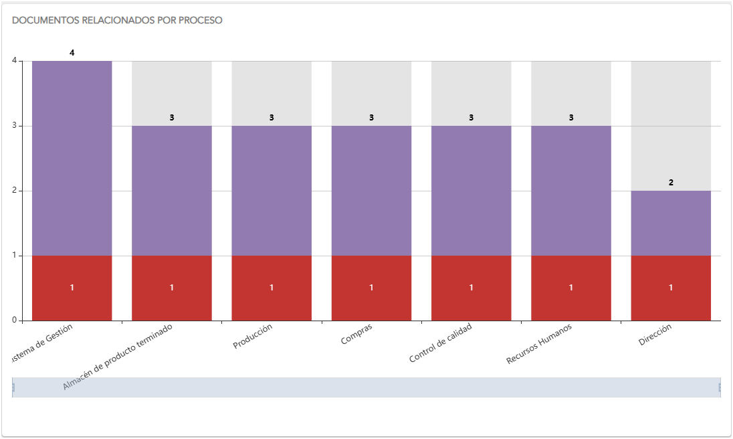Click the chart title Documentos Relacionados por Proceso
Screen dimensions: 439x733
117,20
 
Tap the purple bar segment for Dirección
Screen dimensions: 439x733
671,223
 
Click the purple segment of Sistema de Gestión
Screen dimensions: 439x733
72,158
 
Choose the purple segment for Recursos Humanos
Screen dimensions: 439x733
571,191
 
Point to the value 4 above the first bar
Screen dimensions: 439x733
72,52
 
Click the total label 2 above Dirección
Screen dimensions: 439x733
671,182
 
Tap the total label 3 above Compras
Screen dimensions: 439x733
371,117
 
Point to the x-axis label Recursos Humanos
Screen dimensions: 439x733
539,344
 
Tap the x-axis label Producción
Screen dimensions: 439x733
253,336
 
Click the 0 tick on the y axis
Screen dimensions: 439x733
14,321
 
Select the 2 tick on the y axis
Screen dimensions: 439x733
14,191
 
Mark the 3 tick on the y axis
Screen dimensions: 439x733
14,126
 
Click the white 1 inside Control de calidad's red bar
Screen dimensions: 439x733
471,288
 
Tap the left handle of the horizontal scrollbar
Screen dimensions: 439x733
13,387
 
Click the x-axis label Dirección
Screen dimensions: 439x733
655,335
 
